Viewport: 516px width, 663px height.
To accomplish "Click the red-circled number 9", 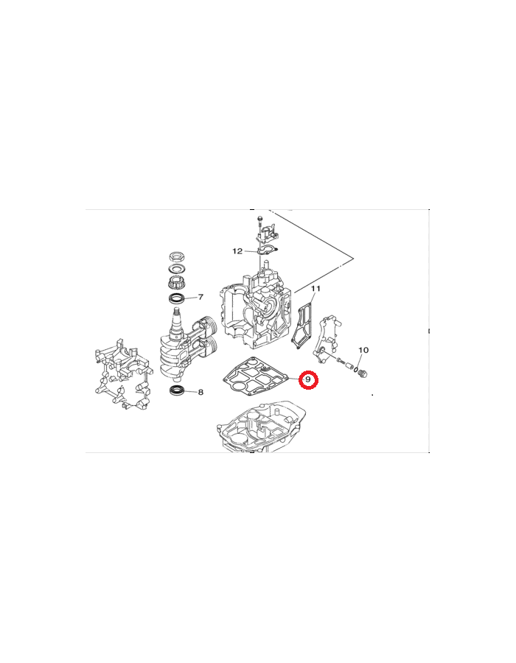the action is click(x=308, y=379).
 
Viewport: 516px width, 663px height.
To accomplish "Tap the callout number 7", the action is click(x=201, y=297).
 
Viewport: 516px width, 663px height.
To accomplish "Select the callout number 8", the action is click(x=201, y=392).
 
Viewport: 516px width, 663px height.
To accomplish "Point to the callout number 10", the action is click(x=363, y=350).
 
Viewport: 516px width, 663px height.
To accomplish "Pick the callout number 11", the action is click(x=315, y=288).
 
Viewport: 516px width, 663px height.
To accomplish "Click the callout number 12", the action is click(x=237, y=251).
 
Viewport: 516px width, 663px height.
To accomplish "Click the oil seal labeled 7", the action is click(x=177, y=298).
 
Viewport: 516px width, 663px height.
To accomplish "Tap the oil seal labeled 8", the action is click(x=176, y=390).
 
